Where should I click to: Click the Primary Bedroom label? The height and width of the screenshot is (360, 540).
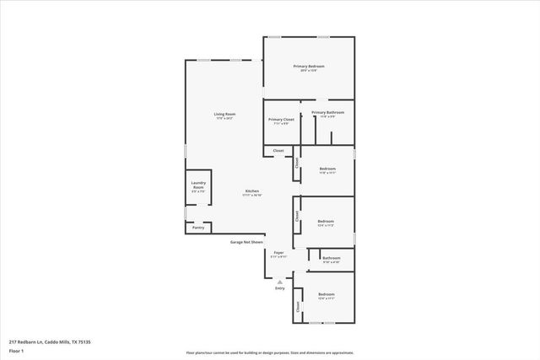[x=309, y=66]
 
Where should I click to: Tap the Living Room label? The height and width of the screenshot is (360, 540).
[x=224, y=114]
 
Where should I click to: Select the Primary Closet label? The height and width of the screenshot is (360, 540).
[x=281, y=120]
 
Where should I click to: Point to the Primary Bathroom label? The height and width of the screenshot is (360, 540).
[x=327, y=112]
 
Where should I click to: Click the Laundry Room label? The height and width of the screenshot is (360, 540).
[x=198, y=185]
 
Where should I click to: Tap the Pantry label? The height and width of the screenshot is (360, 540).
[x=198, y=227]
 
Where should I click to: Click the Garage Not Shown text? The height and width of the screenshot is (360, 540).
[x=247, y=242]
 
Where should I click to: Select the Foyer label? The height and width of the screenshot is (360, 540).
[x=278, y=252]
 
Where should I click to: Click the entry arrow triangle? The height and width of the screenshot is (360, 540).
[x=279, y=282]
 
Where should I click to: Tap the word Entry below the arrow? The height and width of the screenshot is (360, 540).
[x=279, y=288]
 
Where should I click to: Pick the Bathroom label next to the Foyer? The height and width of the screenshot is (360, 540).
[x=331, y=258]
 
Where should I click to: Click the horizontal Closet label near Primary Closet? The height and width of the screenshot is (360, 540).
[x=278, y=151]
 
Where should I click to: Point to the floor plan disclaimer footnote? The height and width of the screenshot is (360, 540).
[x=270, y=352]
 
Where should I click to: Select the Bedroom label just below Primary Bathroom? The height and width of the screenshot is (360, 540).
[x=327, y=169]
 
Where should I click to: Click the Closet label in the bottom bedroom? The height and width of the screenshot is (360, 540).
[x=297, y=308]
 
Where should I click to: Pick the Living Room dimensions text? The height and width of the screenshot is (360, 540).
[x=224, y=119]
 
